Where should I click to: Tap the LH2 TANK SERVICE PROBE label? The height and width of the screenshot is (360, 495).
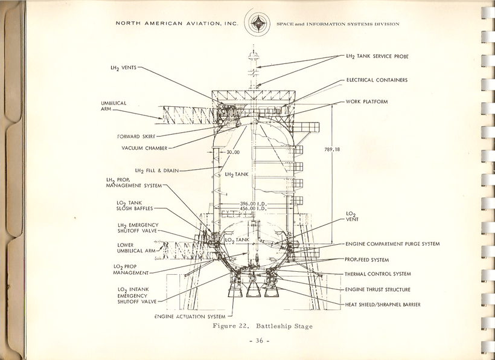pyautogui.click(x=377, y=56)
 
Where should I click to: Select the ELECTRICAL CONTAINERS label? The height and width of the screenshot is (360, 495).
pyautogui.click(x=377, y=80)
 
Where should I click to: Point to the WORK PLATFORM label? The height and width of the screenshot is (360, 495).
pyautogui.click(x=366, y=101)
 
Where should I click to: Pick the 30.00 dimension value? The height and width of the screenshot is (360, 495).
pyautogui.click(x=233, y=153)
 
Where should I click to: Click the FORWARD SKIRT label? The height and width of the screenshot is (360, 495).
pyautogui.click(x=135, y=136)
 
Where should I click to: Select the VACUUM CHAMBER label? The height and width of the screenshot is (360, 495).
pyautogui.click(x=144, y=147)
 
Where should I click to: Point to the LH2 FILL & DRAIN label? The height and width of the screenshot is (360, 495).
pyautogui.click(x=156, y=171)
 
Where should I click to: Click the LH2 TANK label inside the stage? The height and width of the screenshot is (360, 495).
pyautogui.click(x=237, y=175)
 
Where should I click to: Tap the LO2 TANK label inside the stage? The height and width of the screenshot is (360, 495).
pyautogui.click(x=237, y=240)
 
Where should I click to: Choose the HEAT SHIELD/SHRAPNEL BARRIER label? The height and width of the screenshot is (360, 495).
pyautogui.click(x=383, y=304)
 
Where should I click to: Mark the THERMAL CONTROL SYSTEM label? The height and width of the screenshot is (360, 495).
pyautogui.click(x=378, y=274)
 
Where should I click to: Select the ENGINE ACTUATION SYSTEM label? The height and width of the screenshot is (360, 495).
pyautogui.click(x=190, y=317)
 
